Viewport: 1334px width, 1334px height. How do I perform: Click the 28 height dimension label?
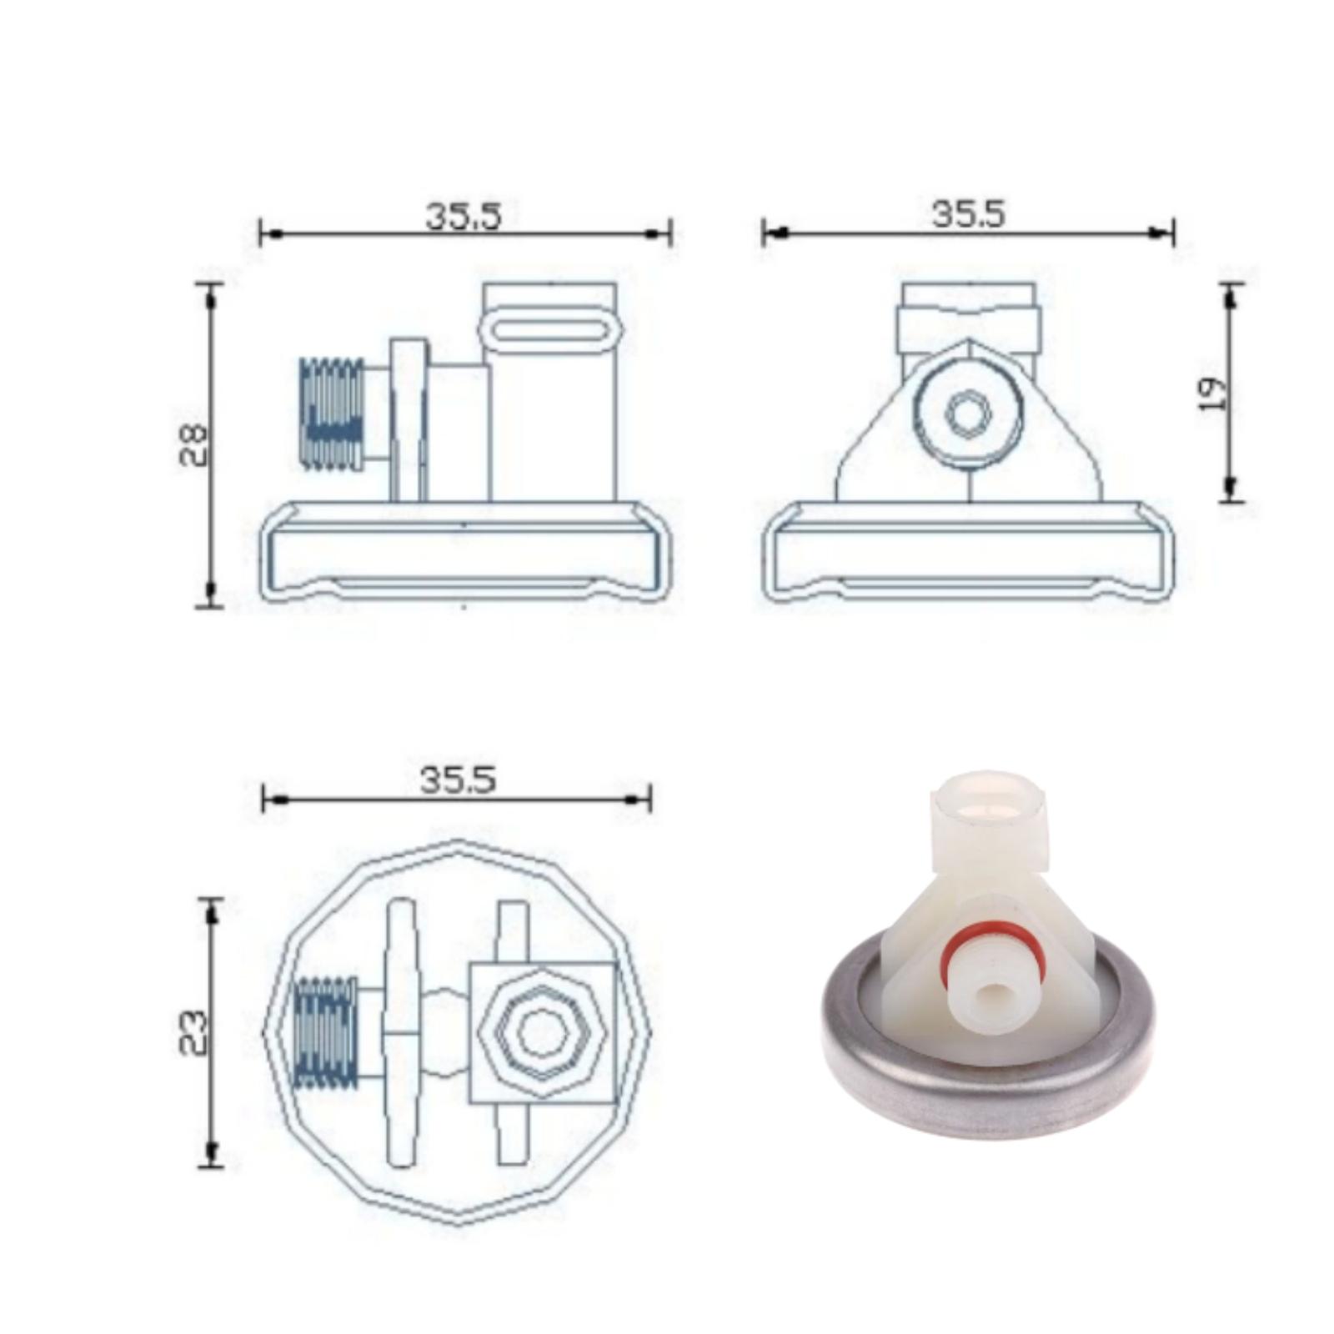click(x=193, y=444)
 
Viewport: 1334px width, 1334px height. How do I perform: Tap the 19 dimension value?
click(x=1212, y=394)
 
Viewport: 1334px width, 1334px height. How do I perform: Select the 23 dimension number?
click(x=193, y=1033)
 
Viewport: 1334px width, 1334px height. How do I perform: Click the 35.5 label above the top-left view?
click(x=464, y=216)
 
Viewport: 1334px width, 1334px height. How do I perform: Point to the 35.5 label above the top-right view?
click(x=969, y=213)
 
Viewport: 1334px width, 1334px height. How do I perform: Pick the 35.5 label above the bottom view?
click(x=458, y=780)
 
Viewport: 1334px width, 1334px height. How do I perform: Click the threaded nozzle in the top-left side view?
click(x=331, y=414)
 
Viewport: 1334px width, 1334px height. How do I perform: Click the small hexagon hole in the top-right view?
click(x=968, y=414)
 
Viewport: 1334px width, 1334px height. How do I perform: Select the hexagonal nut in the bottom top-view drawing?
click(x=541, y=1034)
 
